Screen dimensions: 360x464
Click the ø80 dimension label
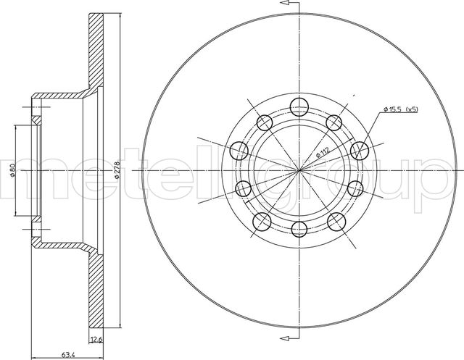(12, 169)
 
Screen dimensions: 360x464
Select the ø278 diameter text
(117, 169)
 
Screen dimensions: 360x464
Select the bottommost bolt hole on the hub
(299, 231)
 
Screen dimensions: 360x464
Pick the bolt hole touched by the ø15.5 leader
(357, 151)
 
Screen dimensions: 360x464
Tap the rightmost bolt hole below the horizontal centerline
(355, 188)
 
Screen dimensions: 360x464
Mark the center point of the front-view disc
(299, 170)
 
